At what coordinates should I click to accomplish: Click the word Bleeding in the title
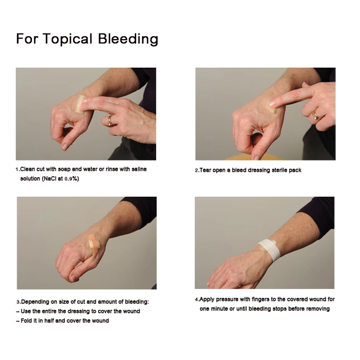point(128,39)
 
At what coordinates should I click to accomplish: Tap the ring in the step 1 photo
point(110,120)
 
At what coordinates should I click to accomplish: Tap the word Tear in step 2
point(207,170)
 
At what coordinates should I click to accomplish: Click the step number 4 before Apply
point(196,300)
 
